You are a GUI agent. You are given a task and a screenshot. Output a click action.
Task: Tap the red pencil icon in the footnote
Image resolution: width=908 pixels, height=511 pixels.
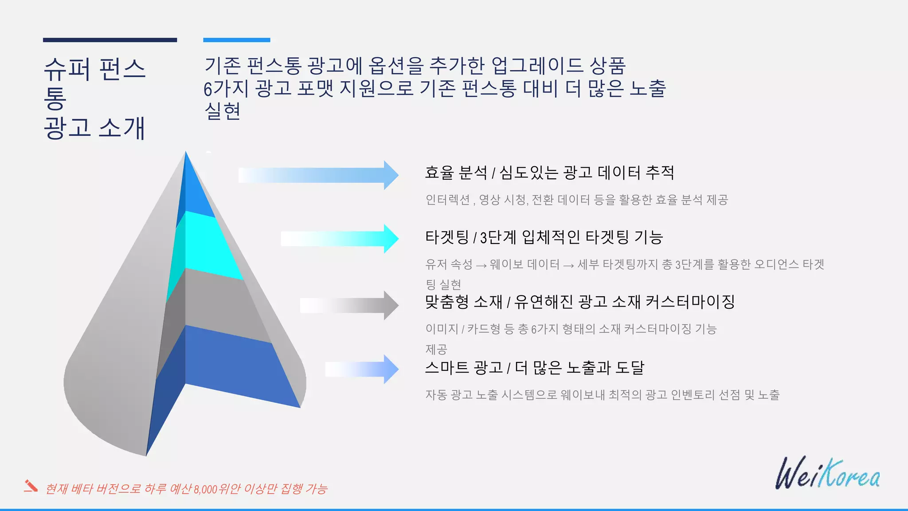point(31,486)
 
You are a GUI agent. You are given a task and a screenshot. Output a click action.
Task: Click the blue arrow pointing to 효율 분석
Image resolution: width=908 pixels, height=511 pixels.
point(319,175)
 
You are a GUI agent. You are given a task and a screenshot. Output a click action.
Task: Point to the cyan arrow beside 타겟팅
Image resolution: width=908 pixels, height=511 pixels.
point(340,239)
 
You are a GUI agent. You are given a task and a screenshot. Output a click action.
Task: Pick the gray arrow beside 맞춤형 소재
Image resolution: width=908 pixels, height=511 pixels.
point(350,305)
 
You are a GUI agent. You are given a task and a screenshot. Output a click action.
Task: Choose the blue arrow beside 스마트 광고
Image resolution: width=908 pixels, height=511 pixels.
point(363,369)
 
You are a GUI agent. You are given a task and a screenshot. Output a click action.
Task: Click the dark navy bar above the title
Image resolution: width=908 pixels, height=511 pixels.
point(110,40)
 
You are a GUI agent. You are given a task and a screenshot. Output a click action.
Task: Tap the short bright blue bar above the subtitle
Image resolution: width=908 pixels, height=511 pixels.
point(237,40)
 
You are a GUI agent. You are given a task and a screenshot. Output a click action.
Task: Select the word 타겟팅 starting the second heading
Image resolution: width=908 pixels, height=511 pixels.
point(447,237)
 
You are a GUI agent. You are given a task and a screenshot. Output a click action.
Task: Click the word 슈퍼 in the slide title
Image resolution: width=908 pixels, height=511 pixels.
point(67,70)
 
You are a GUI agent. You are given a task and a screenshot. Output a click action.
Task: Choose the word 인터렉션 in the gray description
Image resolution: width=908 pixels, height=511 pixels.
point(447,200)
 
